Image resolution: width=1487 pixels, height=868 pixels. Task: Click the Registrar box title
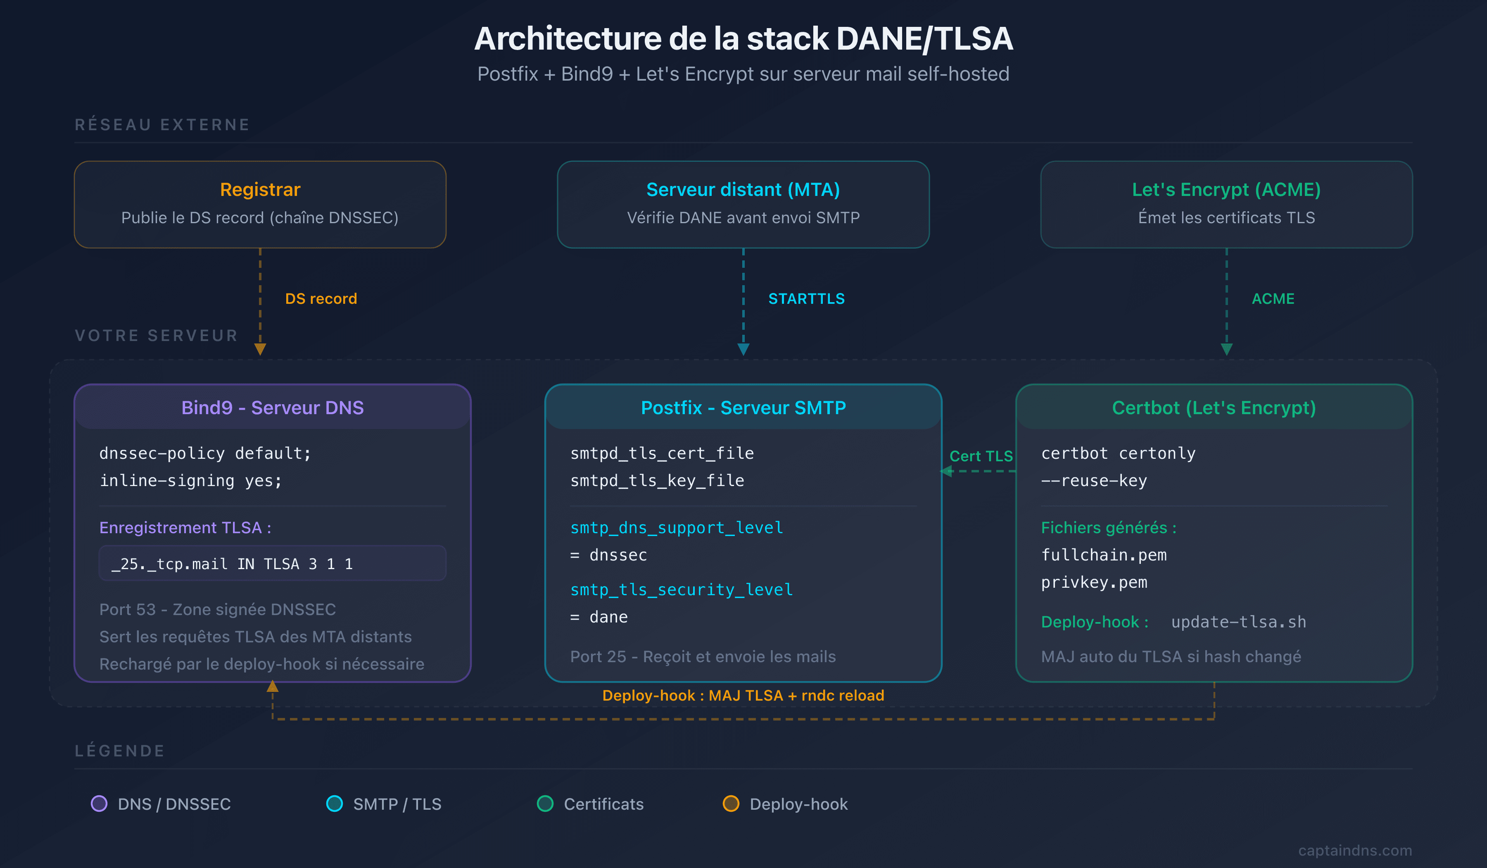tap(260, 190)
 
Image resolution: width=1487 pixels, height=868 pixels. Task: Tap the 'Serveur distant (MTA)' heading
tap(743, 190)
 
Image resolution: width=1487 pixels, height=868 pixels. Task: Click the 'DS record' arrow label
tap(321, 299)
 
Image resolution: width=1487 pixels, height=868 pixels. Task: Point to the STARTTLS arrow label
tap(806, 299)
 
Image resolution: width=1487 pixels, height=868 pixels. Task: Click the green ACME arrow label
tap(1273, 299)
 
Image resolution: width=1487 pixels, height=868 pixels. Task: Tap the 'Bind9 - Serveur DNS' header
tap(272, 408)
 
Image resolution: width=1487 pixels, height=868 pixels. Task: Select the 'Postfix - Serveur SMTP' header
tap(743, 408)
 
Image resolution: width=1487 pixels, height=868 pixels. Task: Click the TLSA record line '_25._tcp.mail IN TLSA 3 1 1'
tap(233, 564)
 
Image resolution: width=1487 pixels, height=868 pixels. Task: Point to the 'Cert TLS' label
tap(981, 456)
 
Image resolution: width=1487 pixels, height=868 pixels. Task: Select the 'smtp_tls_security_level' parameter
tap(681, 589)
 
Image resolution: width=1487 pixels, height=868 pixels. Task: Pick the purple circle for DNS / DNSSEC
tap(99, 804)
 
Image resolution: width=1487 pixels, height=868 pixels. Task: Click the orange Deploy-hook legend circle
tap(731, 804)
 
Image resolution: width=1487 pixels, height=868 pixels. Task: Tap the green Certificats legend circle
tap(545, 804)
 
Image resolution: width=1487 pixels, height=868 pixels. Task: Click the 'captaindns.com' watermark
tap(1354, 850)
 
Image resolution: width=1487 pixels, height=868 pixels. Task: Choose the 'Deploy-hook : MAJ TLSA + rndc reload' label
tap(743, 696)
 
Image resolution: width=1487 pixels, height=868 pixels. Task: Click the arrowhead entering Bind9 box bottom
tap(272, 687)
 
